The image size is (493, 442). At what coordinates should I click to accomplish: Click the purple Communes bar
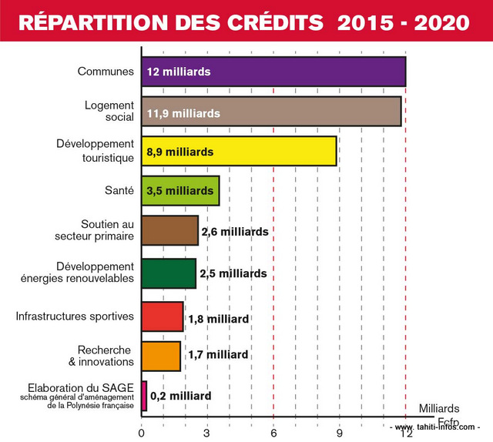[273, 72]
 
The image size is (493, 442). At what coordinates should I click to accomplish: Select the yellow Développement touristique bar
[239, 152]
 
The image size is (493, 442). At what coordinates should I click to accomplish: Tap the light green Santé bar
[180, 190]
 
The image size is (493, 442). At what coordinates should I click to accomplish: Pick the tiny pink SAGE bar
[144, 395]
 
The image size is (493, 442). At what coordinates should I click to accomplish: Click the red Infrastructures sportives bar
[162, 316]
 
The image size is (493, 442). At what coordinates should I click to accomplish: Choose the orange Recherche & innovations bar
[161, 355]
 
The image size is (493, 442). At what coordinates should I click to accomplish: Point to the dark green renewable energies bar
[168, 273]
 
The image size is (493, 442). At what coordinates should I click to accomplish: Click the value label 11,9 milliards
[183, 113]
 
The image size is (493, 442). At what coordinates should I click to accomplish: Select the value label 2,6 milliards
[234, 231]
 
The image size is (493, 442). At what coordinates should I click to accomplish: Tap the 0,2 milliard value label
[181, 396]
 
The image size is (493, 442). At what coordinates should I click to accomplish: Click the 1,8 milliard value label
[219, 319]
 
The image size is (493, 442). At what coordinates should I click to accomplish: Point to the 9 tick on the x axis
[340, 433]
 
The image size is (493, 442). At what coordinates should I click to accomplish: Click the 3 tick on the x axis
[207, 433]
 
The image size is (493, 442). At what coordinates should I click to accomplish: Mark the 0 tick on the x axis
[141, 433]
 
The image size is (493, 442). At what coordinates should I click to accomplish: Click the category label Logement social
[109, 111]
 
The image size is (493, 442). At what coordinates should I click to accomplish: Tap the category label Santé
[119, 189]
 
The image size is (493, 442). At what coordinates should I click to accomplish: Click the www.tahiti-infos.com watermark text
[435, 427]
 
